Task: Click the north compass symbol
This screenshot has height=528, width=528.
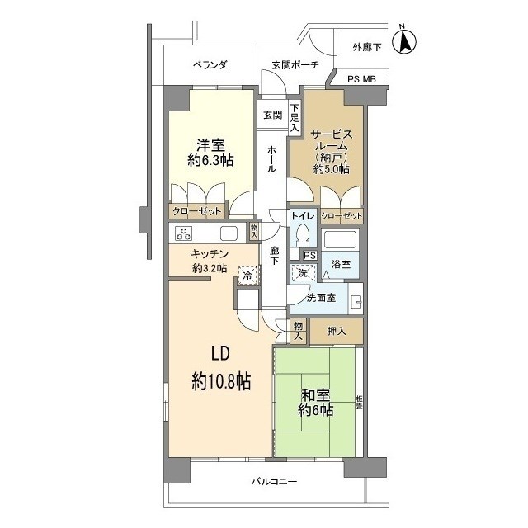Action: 404,40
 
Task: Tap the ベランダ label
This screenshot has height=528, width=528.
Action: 210,64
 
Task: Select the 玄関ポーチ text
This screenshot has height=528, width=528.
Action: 295,64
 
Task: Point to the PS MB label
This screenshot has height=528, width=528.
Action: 361,79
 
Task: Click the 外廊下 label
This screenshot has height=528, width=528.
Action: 367,48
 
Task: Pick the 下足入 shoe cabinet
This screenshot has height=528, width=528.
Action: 295,118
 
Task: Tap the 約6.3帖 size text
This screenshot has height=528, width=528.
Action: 211,160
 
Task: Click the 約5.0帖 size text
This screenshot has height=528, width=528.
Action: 332,168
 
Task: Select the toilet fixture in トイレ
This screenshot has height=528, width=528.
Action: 303,234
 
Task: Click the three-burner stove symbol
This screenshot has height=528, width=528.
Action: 183,233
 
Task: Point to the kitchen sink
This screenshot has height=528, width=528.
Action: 229,233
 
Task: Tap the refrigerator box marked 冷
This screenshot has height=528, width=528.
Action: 248,276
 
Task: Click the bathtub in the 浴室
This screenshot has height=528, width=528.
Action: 341,240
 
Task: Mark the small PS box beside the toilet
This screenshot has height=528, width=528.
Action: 310,256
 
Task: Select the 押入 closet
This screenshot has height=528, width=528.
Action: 337,331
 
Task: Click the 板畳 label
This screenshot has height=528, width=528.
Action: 360,403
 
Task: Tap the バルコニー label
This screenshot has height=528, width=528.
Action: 275,482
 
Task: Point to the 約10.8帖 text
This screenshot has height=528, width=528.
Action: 221,381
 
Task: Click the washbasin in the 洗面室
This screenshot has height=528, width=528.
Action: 356,299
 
